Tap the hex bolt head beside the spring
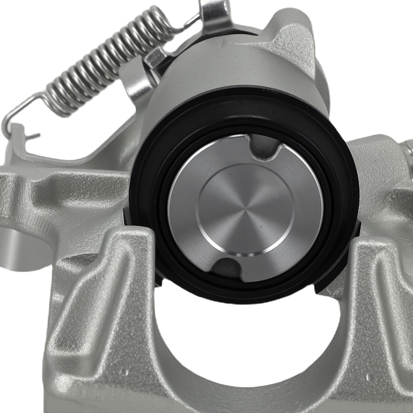pos(156,58)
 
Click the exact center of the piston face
pos(245,209)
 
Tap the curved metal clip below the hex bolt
pos(136,83)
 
